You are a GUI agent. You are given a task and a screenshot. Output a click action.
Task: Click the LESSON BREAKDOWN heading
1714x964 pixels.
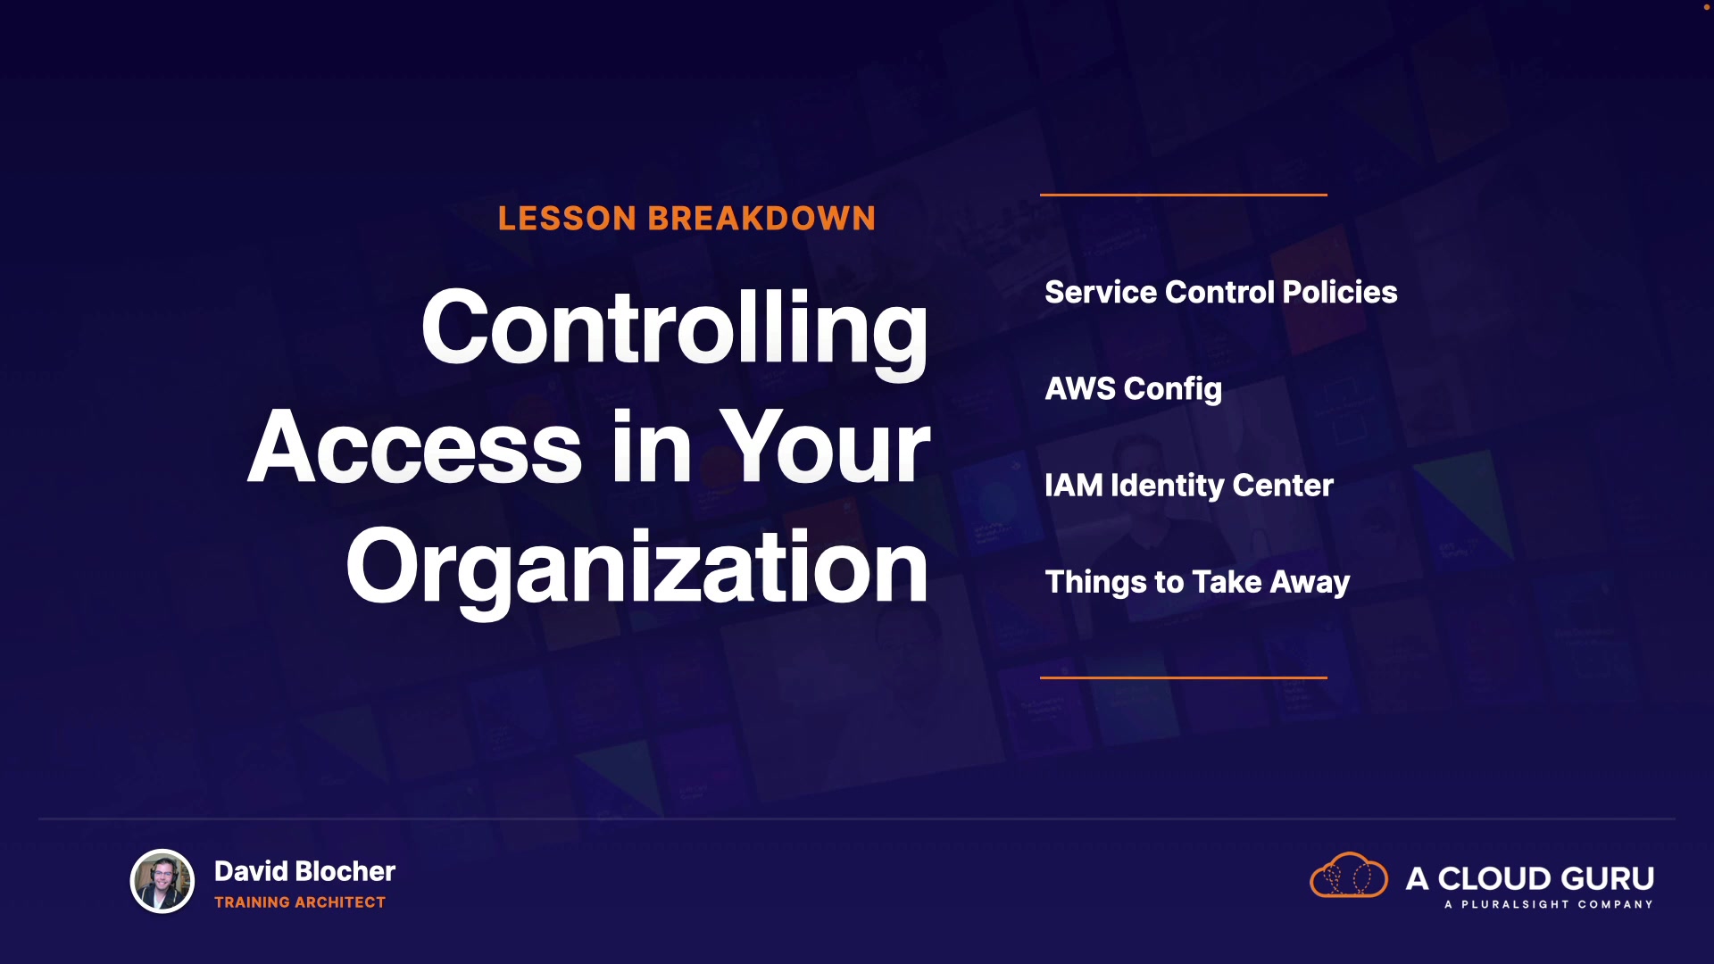686,219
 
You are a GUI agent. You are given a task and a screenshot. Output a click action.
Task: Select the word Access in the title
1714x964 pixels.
415,446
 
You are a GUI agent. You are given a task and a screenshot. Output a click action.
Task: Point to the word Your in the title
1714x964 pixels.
825,446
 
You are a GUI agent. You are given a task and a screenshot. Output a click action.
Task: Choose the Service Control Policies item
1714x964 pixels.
1221,292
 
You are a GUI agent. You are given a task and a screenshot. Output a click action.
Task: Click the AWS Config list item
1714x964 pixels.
1133,390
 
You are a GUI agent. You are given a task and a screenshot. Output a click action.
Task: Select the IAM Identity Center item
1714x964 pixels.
1189,486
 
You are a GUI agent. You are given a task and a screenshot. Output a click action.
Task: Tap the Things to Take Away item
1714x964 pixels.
1197,583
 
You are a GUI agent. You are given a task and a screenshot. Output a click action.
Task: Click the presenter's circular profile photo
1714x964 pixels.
162,881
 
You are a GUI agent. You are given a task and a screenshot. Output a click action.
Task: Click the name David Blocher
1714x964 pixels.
304,871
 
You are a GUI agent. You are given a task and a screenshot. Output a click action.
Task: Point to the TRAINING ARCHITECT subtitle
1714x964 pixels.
300,902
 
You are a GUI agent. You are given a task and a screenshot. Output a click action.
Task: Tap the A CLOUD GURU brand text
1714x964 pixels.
1530,878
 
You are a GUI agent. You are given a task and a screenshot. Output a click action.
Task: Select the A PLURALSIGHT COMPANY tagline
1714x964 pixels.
1549,904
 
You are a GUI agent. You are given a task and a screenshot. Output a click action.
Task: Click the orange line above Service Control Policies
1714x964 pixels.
1184,195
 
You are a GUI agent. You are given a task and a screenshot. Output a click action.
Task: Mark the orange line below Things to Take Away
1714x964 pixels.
1184,677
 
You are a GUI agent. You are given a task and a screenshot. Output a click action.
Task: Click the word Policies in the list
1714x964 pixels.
1340,292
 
